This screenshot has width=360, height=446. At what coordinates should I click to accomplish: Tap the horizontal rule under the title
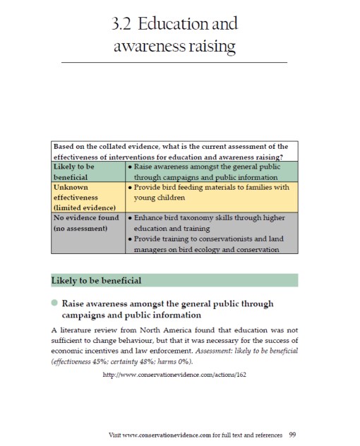coord(174,63)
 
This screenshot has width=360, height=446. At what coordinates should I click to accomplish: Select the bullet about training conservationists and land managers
coord(210,244)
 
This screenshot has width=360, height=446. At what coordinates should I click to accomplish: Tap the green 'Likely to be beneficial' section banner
coord(174,281)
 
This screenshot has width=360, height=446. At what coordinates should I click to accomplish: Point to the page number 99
coord(292,434)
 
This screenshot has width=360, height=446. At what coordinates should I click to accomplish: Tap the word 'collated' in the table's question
coord(117,147)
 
